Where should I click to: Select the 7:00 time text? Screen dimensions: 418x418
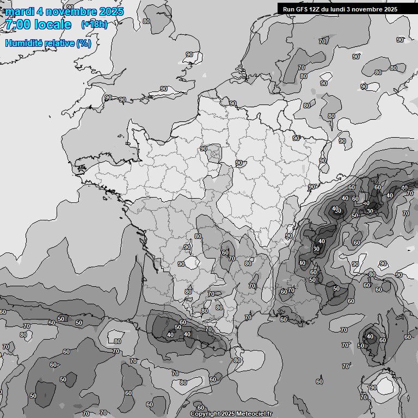[18, 24]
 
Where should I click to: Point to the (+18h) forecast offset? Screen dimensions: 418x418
[94, 24]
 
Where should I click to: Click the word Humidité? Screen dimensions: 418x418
[25, 43]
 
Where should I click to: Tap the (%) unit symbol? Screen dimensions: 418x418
[83, 43]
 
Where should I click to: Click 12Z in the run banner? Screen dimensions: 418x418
[317, 9]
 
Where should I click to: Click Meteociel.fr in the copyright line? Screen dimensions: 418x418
[252, 414]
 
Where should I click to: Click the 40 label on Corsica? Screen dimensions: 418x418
[370, 337]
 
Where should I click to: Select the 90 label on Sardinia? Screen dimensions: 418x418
[373, 388]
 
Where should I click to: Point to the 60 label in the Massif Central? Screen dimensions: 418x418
[225, 253]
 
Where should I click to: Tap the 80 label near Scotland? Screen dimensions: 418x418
[146, 21]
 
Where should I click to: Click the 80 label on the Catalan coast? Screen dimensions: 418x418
[237, 360]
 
